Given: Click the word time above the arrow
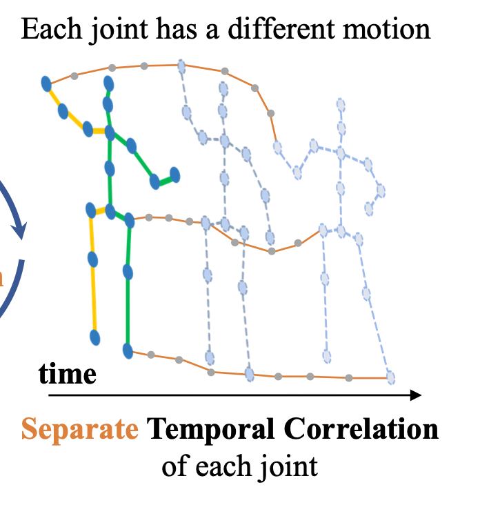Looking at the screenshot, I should [67, 374].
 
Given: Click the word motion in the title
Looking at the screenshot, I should [389, 30].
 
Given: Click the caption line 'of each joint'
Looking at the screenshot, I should [239, 466].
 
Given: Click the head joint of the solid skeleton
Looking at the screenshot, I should [108, 83].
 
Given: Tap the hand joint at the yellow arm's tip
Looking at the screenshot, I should [46, 84].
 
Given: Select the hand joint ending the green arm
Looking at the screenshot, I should [174, 175].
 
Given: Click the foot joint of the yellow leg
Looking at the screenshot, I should [96, 337].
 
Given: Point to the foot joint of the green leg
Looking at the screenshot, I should [128, 350].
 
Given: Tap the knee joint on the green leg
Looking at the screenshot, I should [128, 272].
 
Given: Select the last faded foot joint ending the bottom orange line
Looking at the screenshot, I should [391, 377].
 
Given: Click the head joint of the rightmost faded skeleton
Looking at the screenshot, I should [341, 105].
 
